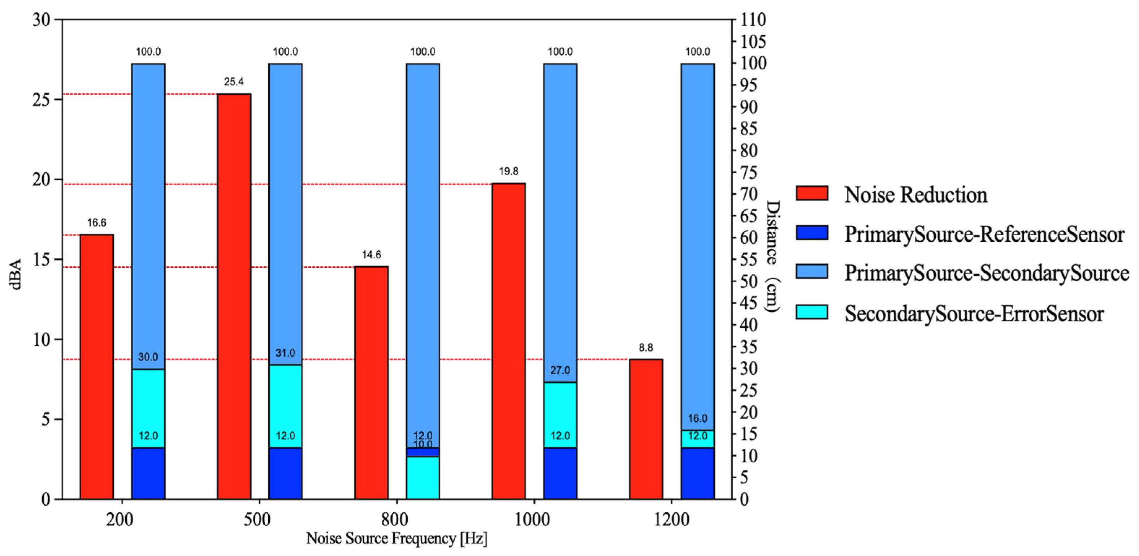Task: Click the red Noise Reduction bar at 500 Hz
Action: click(x=234, y=296)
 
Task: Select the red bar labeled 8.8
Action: click(x=646, y=429)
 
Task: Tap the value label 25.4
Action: click(x=234, y=82)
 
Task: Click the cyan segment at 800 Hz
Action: click(x=423, y=478)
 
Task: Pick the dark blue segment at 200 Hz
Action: click(x=148, y=473)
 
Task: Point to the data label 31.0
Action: click(x=286, y=353)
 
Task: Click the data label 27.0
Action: click(x=560, y=370)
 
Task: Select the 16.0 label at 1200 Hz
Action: click(x=698, y=418)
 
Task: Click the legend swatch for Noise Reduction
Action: click(x=812, y=193)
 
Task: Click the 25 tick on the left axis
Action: click(x=42, y=99)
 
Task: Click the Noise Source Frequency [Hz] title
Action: click(x=396, y=538)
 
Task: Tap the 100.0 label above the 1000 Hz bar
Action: click(x=560, y=52)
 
